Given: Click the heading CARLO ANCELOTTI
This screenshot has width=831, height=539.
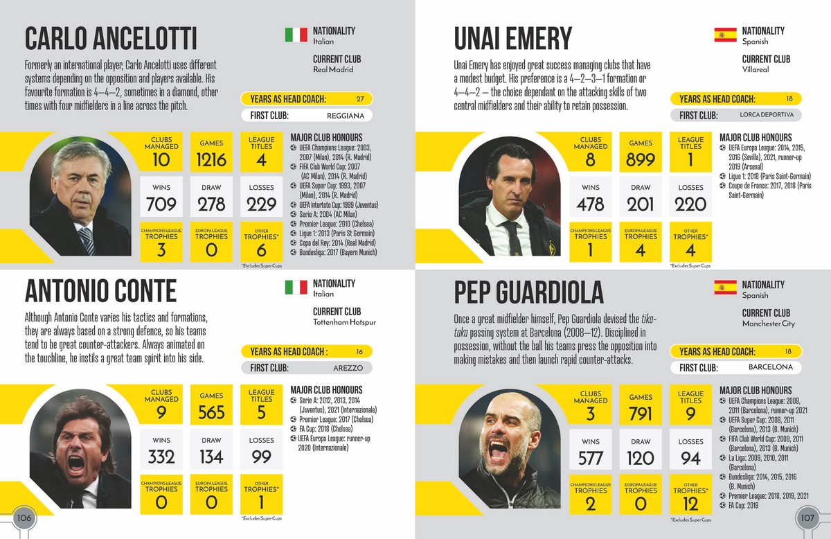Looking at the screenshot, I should pos(111,38).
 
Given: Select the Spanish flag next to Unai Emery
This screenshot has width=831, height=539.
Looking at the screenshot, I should pos(725,35).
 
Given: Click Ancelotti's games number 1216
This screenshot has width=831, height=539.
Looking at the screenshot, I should pos(211,160).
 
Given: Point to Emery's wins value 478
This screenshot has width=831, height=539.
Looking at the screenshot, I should pos(591,205).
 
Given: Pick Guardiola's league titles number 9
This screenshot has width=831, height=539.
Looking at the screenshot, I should pos(690,414).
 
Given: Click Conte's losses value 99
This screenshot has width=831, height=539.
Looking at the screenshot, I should pos(261,457).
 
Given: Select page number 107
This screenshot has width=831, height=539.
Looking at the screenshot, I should pos(807,518).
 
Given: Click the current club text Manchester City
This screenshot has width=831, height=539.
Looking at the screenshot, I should pos(769,324).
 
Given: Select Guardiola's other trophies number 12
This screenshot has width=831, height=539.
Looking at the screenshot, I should pos(690,504).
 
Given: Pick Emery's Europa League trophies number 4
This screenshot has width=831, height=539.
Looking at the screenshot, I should pos(641,250).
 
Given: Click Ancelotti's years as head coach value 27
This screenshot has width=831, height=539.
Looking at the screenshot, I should pos(360,98).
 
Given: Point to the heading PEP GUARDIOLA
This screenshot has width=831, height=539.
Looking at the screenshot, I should pos(528,292).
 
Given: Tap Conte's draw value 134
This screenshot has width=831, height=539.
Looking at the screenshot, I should pos(211,457).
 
